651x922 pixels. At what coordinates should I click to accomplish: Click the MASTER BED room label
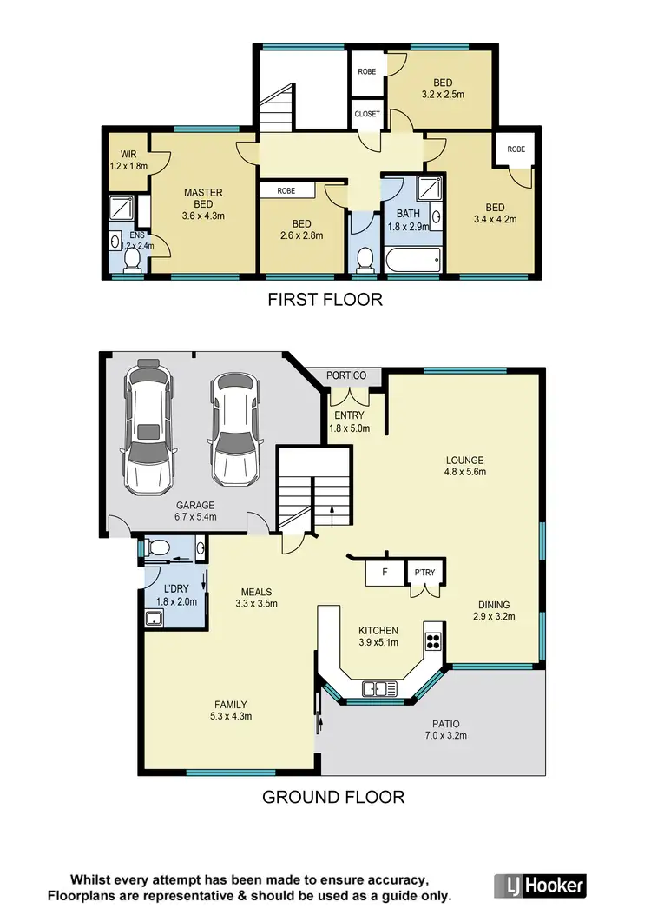coord(203,199)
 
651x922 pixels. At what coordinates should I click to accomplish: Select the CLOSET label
coord(367,114)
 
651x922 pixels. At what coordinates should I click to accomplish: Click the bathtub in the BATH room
coord(414,259)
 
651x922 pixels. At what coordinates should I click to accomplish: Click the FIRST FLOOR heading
coord(325,301)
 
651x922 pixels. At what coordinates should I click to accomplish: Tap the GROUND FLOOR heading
coord(333,796)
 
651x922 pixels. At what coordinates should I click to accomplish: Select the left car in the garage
coord(149,428)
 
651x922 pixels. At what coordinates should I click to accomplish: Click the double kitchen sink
coord(380,689)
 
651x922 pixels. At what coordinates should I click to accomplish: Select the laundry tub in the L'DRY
coord(155,619)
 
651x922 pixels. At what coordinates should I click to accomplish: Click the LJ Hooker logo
coord(540,886)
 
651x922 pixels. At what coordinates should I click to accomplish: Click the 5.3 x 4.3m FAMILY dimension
coord(232,717)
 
